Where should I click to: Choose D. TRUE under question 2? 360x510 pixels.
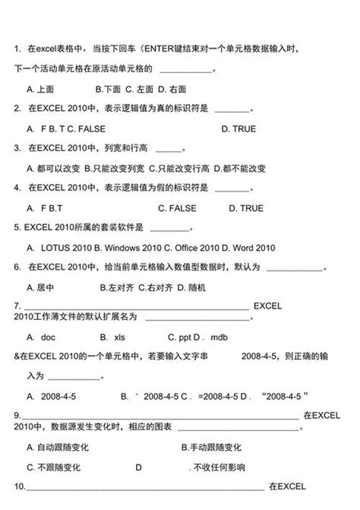click(238, 129)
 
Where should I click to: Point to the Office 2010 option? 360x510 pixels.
click(198, 248)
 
